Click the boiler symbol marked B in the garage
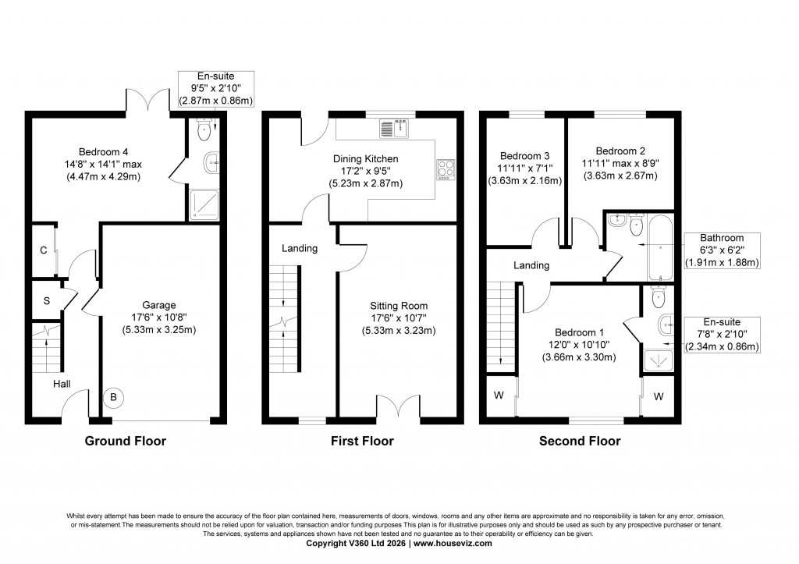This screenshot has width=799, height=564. click(x=114, y=398)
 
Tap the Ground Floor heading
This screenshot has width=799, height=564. click(x=125, y=441)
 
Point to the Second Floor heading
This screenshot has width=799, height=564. click(x=580, y=441)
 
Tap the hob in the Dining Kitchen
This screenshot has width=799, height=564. click(x=445, y=169)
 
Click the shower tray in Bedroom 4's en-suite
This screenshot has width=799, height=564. click(x=203, y=204)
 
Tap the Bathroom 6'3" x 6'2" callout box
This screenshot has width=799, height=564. click(x=722, y=250)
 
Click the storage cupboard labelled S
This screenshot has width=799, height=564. click(x=46, y=300)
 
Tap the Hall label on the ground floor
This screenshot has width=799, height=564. click(x=62, y=384)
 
